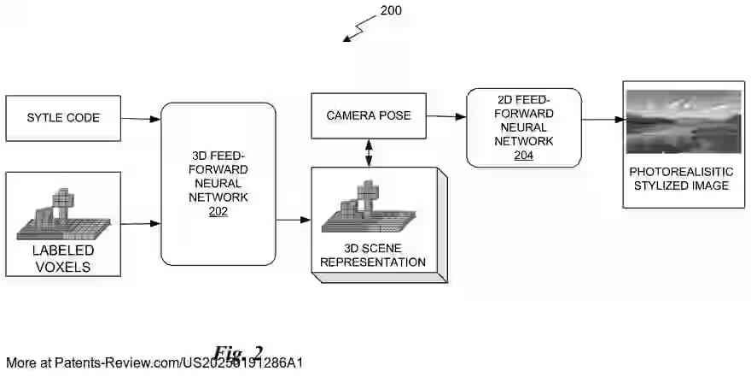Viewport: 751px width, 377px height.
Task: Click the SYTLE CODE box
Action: (63, 118)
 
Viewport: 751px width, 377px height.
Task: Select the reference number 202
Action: (218, 211)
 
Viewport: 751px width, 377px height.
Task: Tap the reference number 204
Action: (523, 155)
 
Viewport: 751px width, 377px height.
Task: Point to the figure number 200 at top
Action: (390, 11)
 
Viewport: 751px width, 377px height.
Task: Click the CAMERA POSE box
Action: (368, 115)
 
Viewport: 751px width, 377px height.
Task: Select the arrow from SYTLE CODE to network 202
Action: (141, 118)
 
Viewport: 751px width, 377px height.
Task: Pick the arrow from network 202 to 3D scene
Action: (293, 220)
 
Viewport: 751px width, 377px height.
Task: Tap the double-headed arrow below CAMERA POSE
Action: (369, 153)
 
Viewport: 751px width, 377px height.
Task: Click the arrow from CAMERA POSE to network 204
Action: (445, 117)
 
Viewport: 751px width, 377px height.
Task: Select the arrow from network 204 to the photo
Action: (602, 120)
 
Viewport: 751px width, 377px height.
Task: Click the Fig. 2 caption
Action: (238, 353)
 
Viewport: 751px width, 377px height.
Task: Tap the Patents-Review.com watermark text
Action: (154, 363)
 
